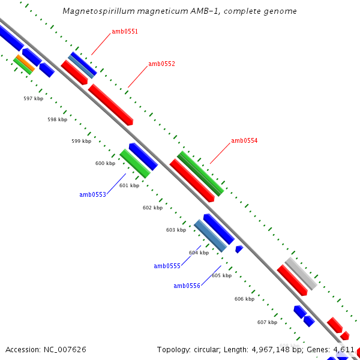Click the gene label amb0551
pos(125,31)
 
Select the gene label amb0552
pos(161,64)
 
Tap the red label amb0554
pos(244,140)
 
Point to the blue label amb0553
pos(92,194)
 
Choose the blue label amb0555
pos(167,266)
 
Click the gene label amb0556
pos(187,286)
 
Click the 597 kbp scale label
pos(33,98)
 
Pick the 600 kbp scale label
pos(105,163)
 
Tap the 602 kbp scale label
pos(152,208)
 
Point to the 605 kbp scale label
pos(221,275)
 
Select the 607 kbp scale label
pos(267,322)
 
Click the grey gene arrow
pos(301,273)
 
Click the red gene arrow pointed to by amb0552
pos(110,104)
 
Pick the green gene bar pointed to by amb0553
pos(134,163)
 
